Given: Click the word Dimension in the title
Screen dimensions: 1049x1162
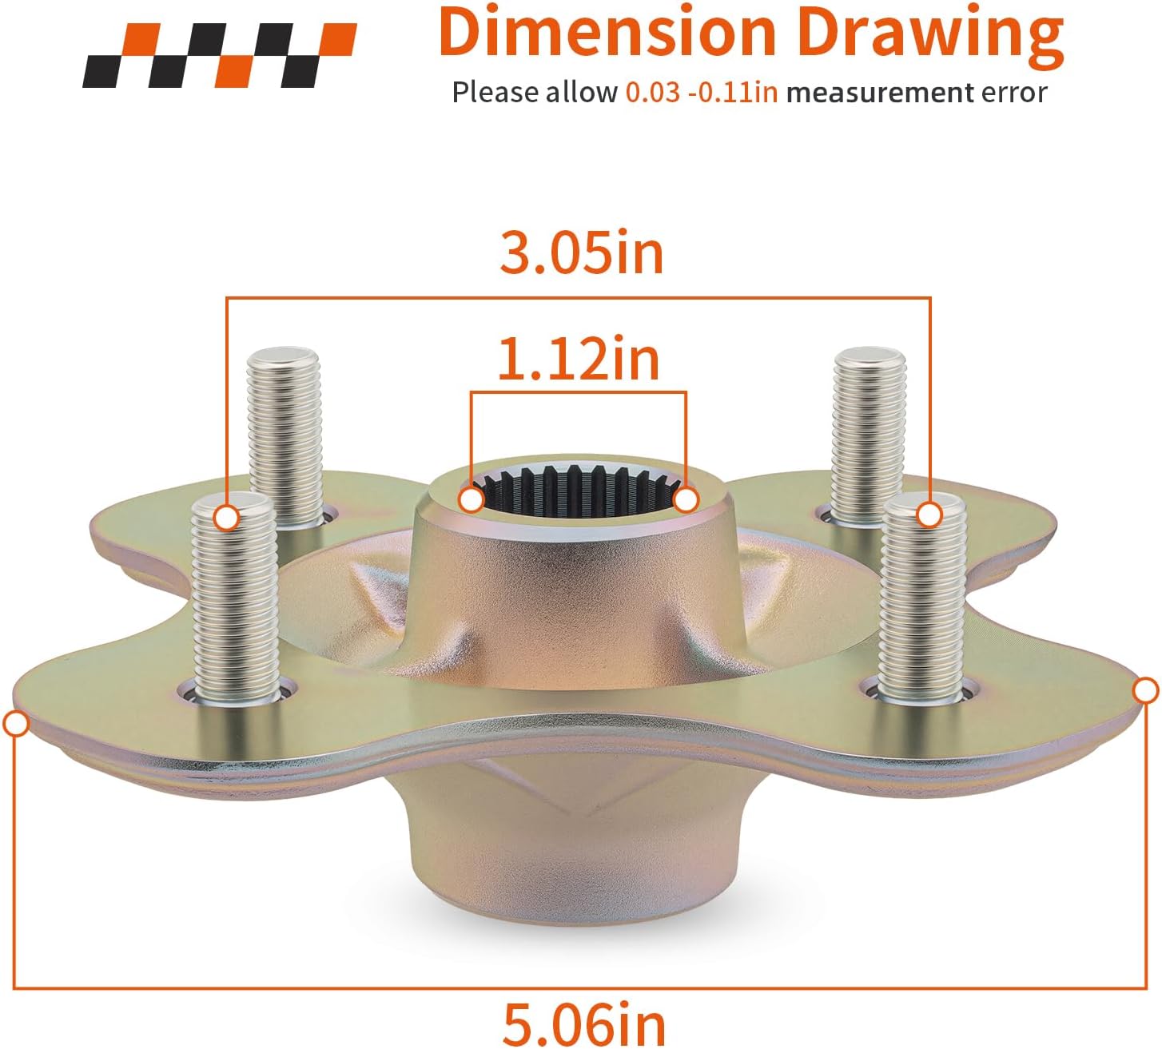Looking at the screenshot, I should point(607,32).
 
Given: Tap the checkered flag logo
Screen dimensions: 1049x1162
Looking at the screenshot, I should point(220,55).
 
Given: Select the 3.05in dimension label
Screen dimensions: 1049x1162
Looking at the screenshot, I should point(581,253).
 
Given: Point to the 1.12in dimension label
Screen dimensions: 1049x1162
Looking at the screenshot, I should point(579,360).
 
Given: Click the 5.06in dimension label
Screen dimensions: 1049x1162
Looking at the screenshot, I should point(583,1023).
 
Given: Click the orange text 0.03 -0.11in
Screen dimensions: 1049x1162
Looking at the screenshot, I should point(701,93).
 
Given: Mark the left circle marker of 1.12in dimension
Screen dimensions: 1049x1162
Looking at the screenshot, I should point(472,500).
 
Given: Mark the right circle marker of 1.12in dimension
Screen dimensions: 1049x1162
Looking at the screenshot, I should point(686,500).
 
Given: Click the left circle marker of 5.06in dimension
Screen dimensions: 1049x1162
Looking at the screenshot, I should point(16,725).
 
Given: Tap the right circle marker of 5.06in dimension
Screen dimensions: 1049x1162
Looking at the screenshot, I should point(1146,690).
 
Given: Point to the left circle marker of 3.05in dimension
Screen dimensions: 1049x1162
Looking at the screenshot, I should point(228,518).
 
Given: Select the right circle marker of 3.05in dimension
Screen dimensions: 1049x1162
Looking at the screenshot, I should point(929,515).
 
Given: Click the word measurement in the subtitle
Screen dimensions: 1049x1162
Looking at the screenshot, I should point(878,93).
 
